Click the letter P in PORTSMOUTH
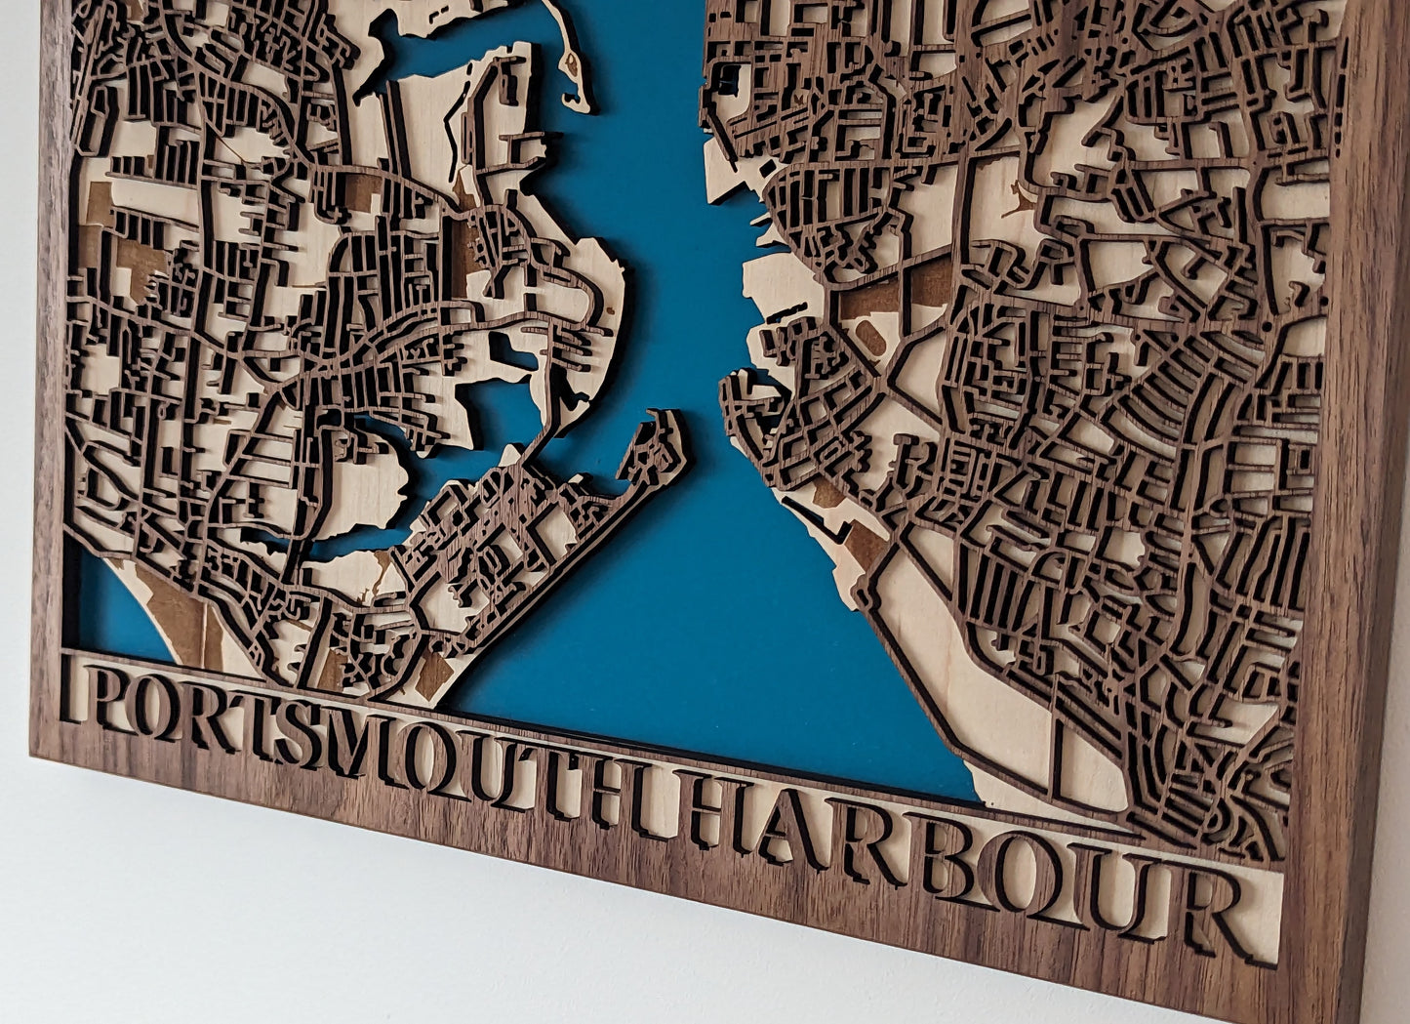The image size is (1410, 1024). (93, 700)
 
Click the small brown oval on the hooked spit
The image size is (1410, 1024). (572, 67)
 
